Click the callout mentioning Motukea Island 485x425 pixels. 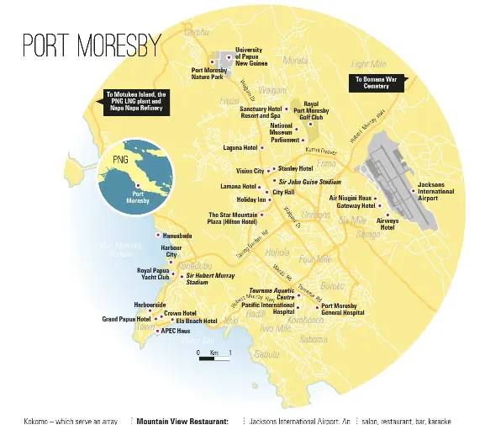click(x=136, y=101)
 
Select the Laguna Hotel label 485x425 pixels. click(x=240, y=148)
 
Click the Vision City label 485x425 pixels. click(x=250, y=171)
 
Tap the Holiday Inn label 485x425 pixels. click(x=251, y=200)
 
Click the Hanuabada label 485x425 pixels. click(x=177, y=236)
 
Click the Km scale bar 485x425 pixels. click(x=215, y=358)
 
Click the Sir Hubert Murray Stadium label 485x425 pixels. click(x=208, y=279)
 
